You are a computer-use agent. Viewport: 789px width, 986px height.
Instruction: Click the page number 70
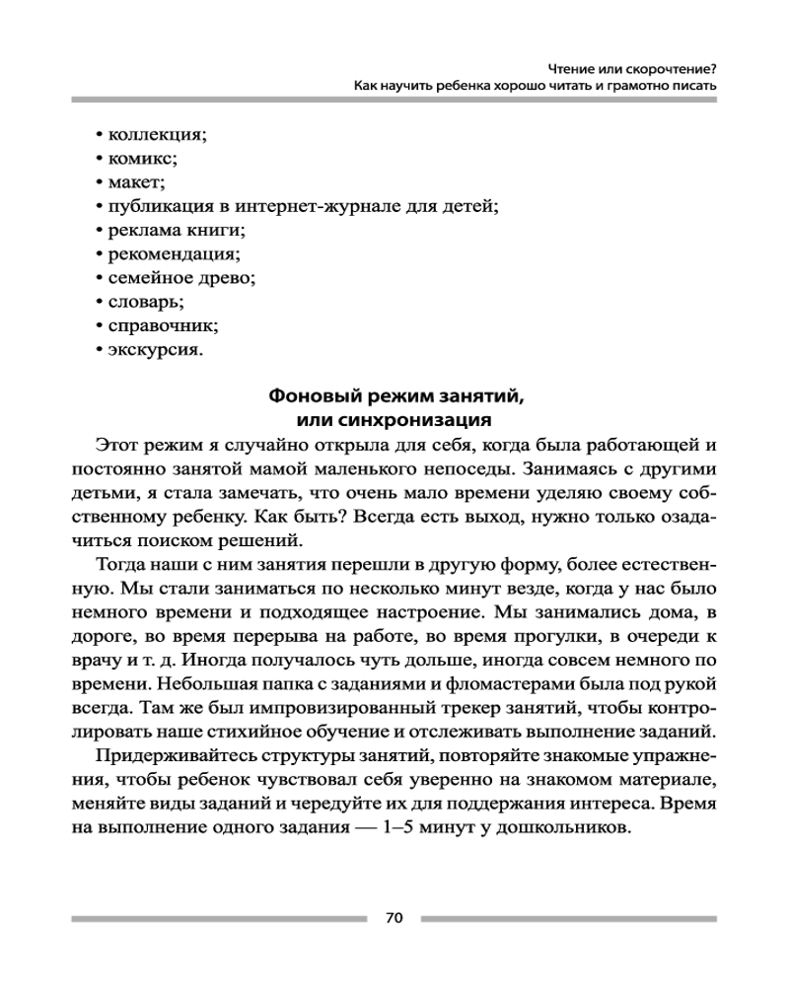click(394, 918)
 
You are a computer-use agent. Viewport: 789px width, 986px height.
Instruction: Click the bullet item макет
click(136, 181)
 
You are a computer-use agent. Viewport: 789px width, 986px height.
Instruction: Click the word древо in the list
click(230, 278)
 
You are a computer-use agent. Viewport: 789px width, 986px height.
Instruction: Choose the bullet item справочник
click(162, 325)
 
